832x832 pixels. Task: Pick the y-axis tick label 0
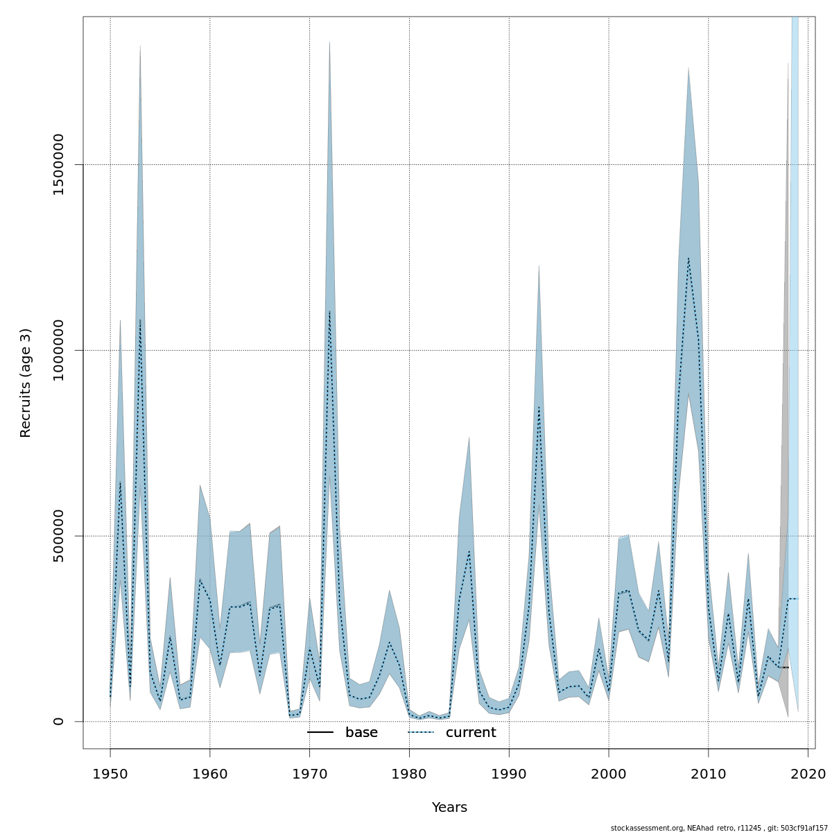point(59,721)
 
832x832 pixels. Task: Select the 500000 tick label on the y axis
point(59,536)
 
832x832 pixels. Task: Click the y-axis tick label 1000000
point(59,350)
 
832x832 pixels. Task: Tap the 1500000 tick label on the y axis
point(59,165)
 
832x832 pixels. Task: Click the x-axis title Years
point(449,808)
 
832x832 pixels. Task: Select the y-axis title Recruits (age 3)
point(26,383)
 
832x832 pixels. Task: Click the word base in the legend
point(361,733)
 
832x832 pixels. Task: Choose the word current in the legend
point(471,733)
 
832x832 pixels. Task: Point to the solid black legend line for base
point(320,733)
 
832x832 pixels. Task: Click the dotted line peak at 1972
point(329,311)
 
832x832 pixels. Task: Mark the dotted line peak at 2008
point(688,259)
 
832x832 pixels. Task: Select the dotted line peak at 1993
point(539,407)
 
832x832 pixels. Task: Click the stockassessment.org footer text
point(719,828)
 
